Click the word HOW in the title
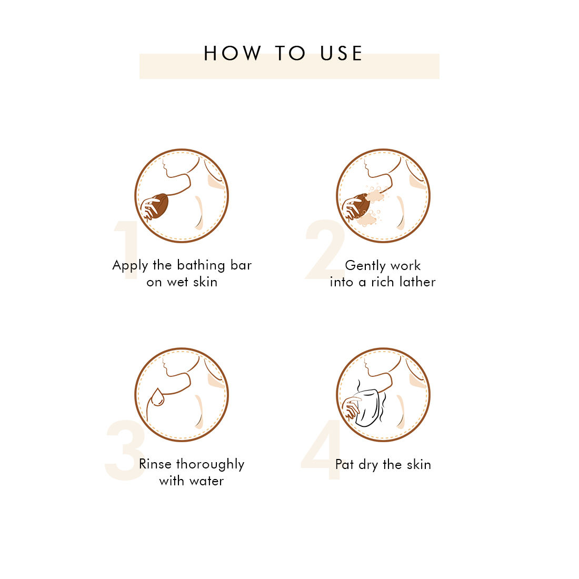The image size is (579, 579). (233, 53)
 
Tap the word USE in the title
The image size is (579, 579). (341, 53)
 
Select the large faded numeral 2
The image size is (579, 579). (325, 249)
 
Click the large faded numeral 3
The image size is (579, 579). (124, 450)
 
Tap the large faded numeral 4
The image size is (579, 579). (321, 450)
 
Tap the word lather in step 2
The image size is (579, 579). (417, 282)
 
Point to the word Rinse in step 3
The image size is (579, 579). (155, 464)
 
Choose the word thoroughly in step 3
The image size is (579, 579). (211, 465)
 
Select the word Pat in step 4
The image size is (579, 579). (345, 465)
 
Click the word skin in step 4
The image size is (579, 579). (419, 465)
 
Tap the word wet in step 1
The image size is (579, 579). (177, 283)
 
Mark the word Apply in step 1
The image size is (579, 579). (130, 266)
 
